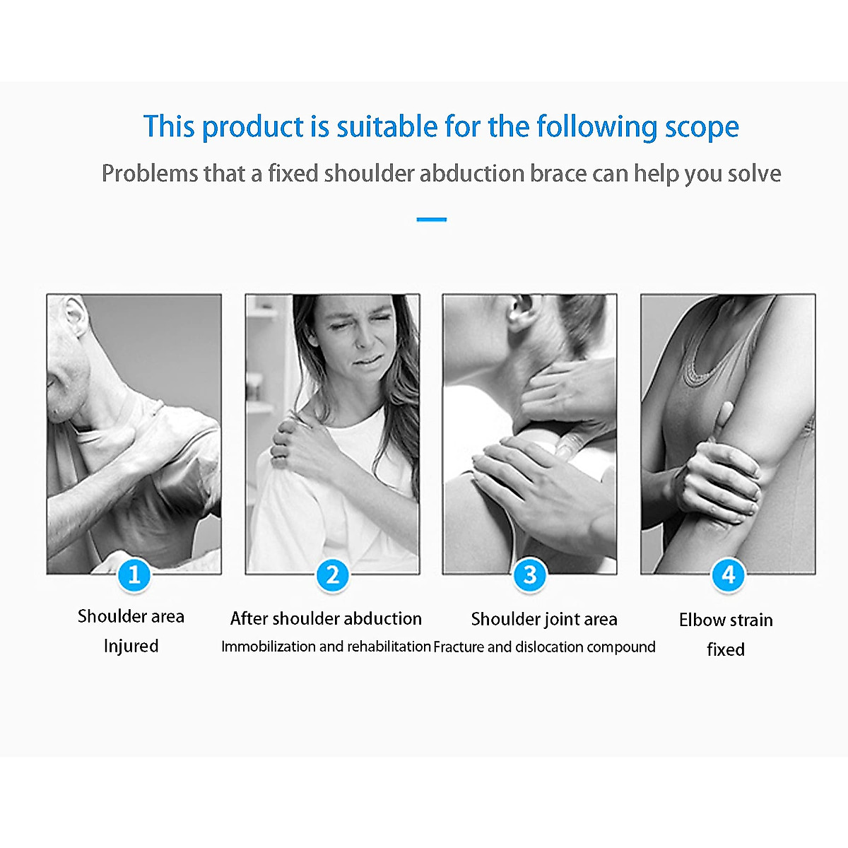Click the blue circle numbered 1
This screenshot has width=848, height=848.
(134, 575)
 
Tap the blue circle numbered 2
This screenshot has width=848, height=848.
(332, 575)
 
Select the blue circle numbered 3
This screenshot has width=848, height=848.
(530, 575)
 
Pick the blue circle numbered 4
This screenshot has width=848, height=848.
(728, 575)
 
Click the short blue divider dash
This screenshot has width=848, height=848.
(431, 220)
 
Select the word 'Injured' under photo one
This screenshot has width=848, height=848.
(131, 647)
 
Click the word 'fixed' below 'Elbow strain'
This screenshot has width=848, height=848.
(726, 649)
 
